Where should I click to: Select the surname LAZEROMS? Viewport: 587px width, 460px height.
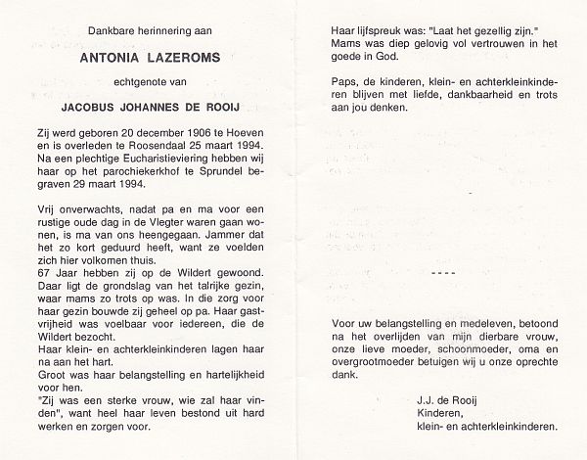point(182,59)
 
